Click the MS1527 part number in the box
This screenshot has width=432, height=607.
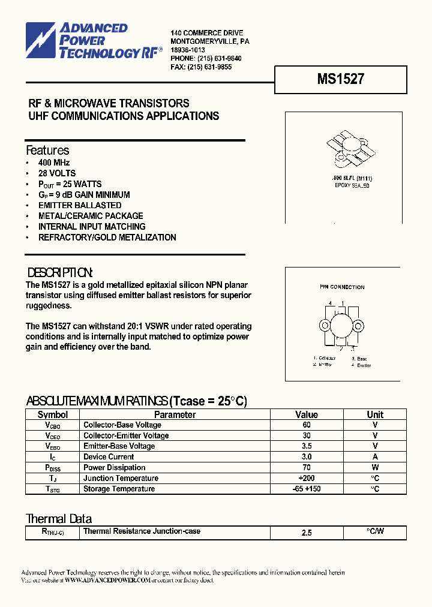(340, 79)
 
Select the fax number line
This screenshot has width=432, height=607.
(201, 67)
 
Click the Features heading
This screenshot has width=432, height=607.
(47, 151)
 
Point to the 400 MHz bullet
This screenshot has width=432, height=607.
(54, 163)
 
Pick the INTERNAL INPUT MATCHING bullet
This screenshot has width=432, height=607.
(92, 227)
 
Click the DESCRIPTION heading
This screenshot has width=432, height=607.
(60, 272)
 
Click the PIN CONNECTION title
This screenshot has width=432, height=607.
(342, 287)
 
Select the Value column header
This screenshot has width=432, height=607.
(307, 414)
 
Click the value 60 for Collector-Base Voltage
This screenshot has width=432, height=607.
(307, 425)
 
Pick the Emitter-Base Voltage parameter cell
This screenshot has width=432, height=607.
(119, 446)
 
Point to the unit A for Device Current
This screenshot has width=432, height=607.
(375, 457)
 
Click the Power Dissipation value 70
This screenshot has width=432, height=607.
(307, 468)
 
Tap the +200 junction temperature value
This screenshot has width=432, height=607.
(307, 479)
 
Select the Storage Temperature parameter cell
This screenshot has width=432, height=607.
(119, 489)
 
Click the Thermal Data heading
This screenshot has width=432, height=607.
(59, 519)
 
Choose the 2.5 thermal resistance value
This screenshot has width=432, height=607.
(307, 533)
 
